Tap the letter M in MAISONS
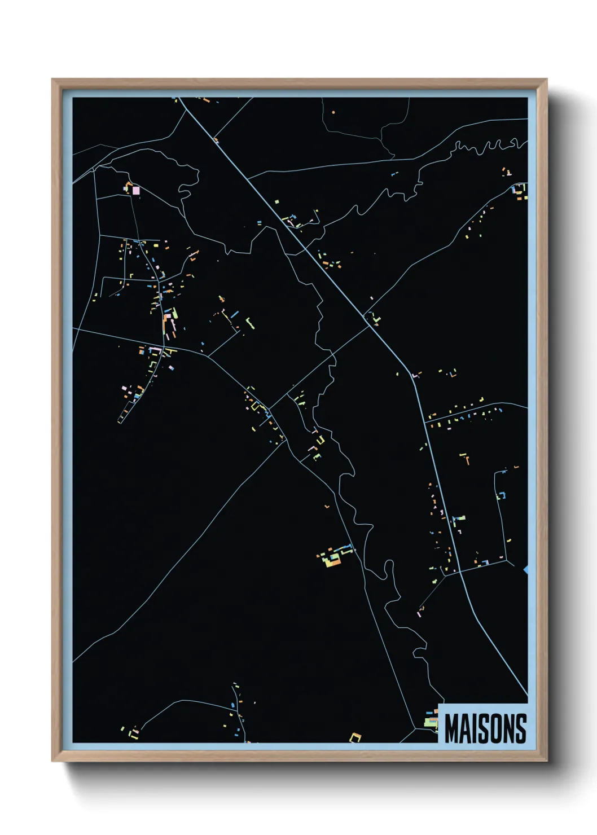(x=451, y=728)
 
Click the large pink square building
(x=136, y=190)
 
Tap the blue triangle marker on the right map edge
(x=526, y=570)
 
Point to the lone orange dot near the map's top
(x=333, y=113)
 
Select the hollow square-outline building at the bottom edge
(x=355, y=737)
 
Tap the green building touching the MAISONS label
(x=432, y=722)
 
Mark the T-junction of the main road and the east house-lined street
(x=425, y=421)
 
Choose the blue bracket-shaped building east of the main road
(x=501, y=495)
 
